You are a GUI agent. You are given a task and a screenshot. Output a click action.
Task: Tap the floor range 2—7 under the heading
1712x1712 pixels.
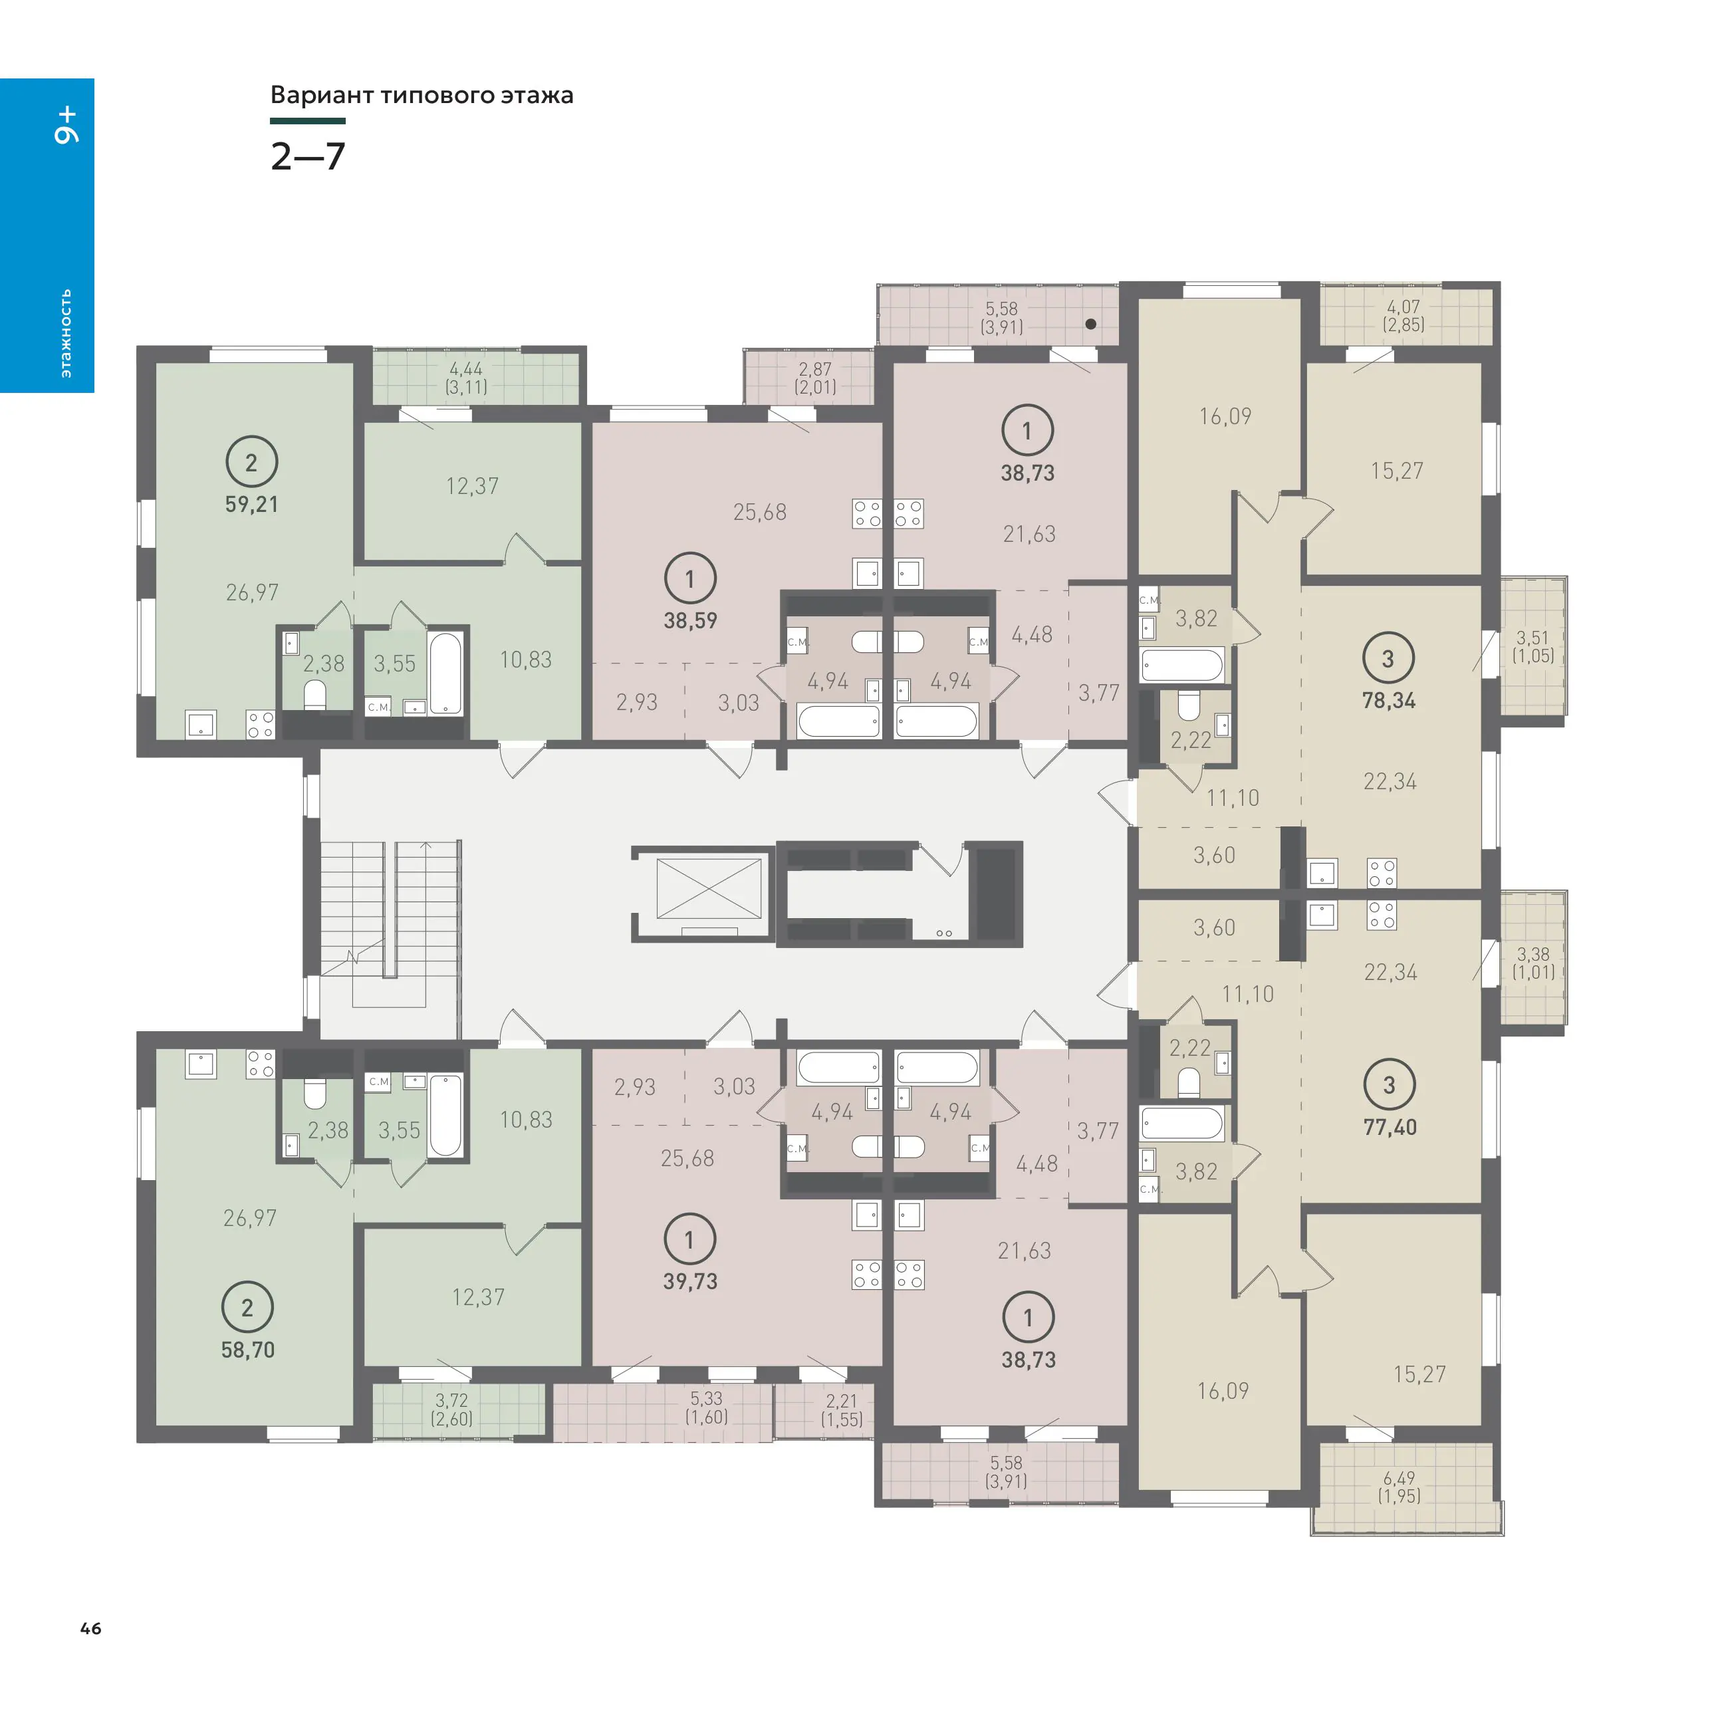(x=307, y=157)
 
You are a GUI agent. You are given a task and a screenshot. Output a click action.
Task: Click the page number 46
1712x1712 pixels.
(x=90, y=1628)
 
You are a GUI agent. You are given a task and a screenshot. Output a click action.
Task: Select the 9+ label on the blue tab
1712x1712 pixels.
(x=66, y=125)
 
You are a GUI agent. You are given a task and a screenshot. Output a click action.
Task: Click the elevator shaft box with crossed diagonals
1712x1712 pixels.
(x=709, y=888)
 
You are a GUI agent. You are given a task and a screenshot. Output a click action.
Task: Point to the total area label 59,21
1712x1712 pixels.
(x=252, y=504)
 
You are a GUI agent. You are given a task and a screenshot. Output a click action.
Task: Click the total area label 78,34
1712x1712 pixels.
(x=1389, y=701)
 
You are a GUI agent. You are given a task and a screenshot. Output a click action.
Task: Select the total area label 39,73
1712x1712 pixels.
(x=690, y=1281)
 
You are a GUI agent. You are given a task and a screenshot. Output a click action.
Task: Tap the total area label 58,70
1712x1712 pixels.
(x=248, y=1350)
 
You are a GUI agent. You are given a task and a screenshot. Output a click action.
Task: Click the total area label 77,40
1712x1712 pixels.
(x=1390, y=1127)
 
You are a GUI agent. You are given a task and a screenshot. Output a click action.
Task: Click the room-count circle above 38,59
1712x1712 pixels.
(x=690, y=578)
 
